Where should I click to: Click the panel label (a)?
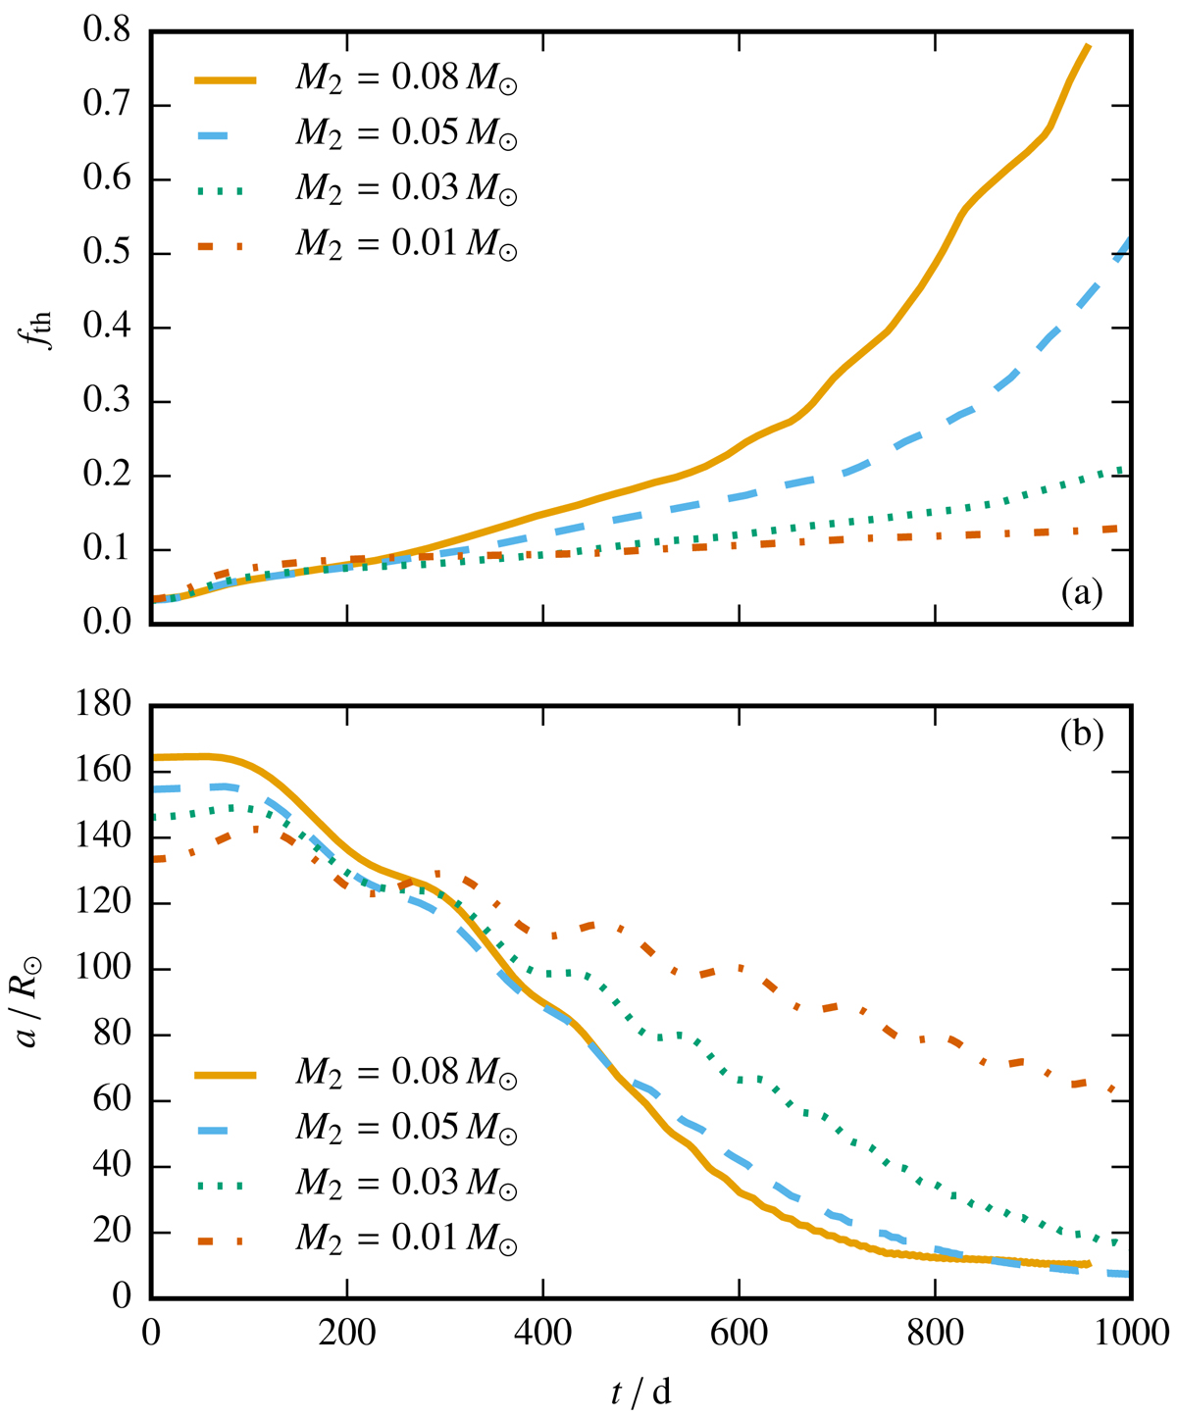(x=1081, y=592)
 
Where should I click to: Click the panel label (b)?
(x=1081, y=735)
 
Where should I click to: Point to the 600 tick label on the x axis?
(x=739, y=1334)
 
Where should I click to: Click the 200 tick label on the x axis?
(x=346, y=1334)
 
